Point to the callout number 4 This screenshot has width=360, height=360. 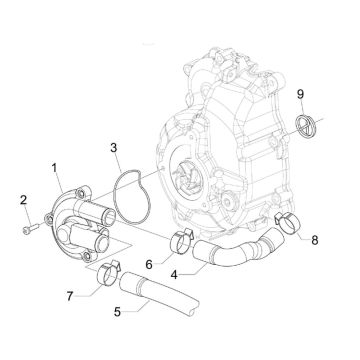click(x=175, y=270)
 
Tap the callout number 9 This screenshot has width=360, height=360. click(x=298, y=93)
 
